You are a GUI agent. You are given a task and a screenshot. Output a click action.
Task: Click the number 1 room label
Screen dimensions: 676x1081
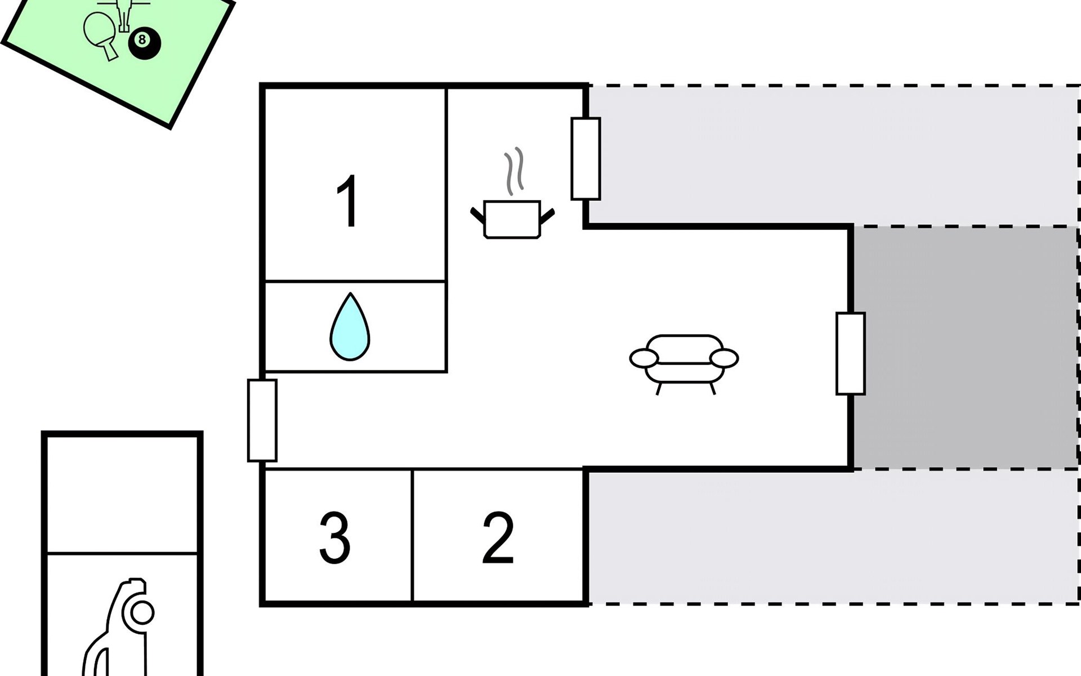pyautogui.click(x=348, y=201)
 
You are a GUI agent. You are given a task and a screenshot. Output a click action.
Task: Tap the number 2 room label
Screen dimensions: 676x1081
pyautogui.click(x=498, y=538)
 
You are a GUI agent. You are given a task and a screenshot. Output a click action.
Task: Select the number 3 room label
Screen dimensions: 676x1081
pyautogui.click(x=335, y=538)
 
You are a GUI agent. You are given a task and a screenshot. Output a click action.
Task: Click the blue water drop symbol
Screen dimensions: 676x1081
pyautogui.click(x=350, y=328)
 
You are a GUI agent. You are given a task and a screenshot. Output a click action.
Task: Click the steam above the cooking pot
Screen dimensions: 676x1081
pyautogui.click(x=515, y=171)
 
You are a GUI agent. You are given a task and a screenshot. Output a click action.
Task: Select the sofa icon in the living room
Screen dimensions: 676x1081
pyautogui.click(x=684, y=361)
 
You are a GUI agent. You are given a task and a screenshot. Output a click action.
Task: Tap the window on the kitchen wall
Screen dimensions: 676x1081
pyautogui.click(x=586, y=159)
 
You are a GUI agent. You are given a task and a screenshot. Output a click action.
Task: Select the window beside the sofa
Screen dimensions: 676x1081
pyautogui.click(x=850, y=353)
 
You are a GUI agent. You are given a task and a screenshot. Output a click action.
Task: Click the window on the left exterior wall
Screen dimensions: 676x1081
pyautogui.click(x=262, y=420)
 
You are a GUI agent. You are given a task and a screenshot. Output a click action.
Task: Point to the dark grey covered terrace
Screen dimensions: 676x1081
pyautogui.click(x=966, y=346)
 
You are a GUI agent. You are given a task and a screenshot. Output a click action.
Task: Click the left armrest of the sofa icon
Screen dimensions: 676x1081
pyautogui.click(x=644, y=358)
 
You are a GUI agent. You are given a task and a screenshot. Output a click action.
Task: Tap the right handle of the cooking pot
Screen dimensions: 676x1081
pyautogui.click(x=547, y=216)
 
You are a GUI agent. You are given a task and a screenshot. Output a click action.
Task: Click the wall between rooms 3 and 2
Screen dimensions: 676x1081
pyautogui.click(x=412, y=535)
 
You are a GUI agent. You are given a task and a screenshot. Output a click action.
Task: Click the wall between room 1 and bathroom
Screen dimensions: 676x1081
pyautogui.click(x=355, y=281)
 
